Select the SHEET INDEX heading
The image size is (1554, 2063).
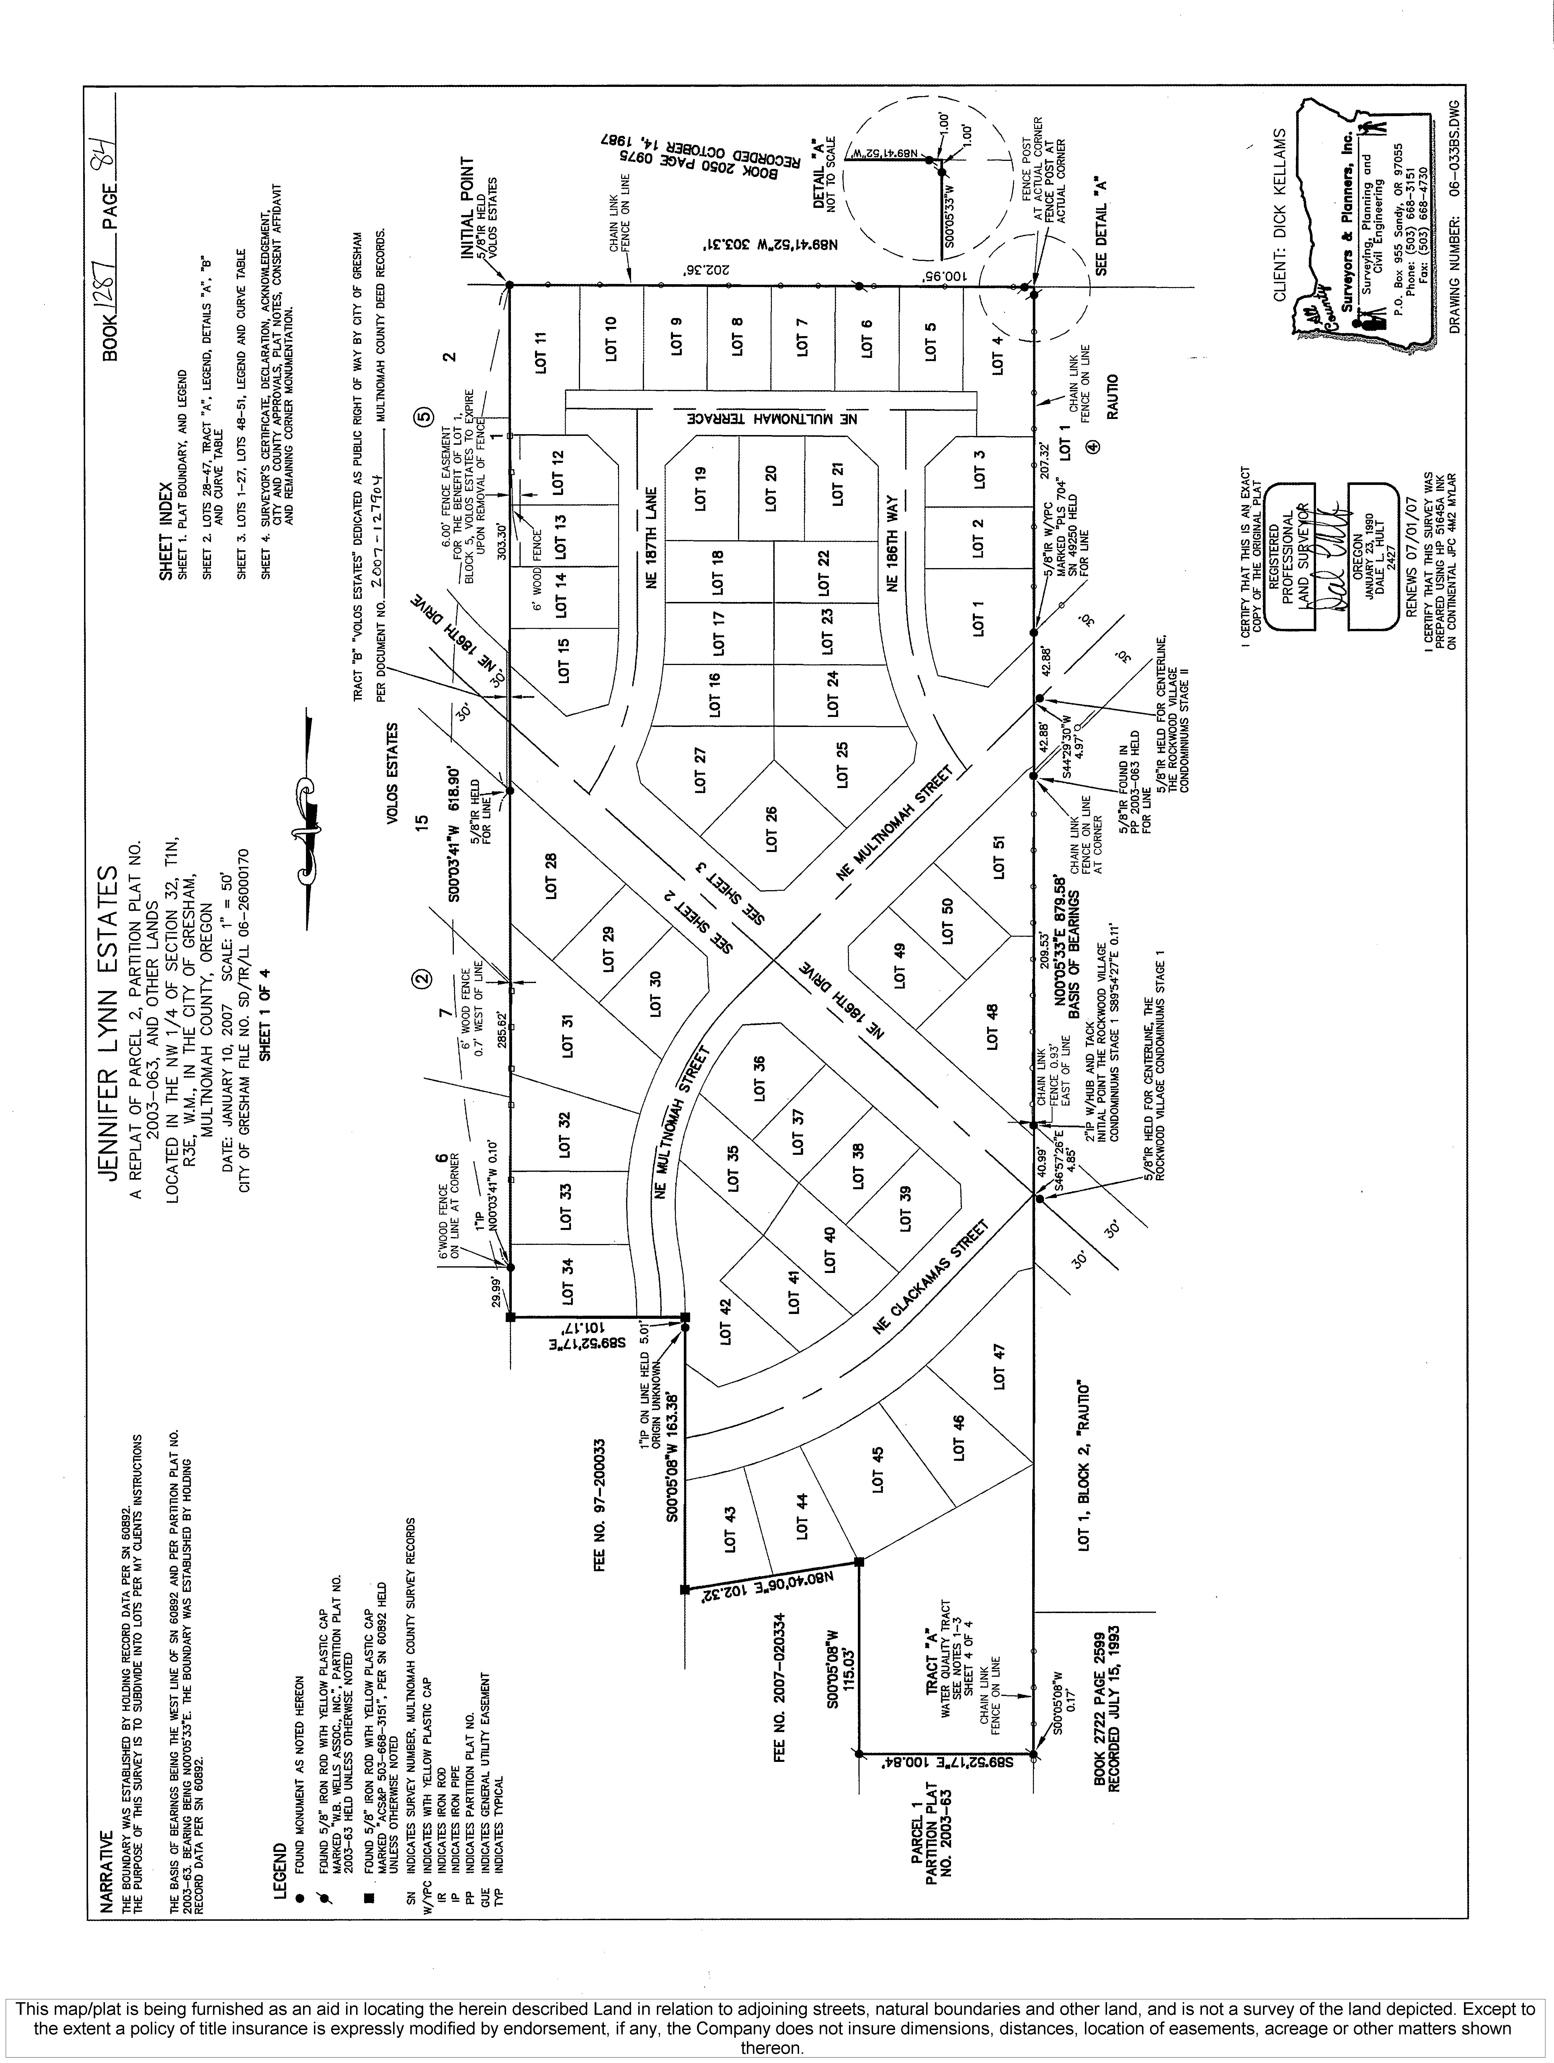pos(165,532)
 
